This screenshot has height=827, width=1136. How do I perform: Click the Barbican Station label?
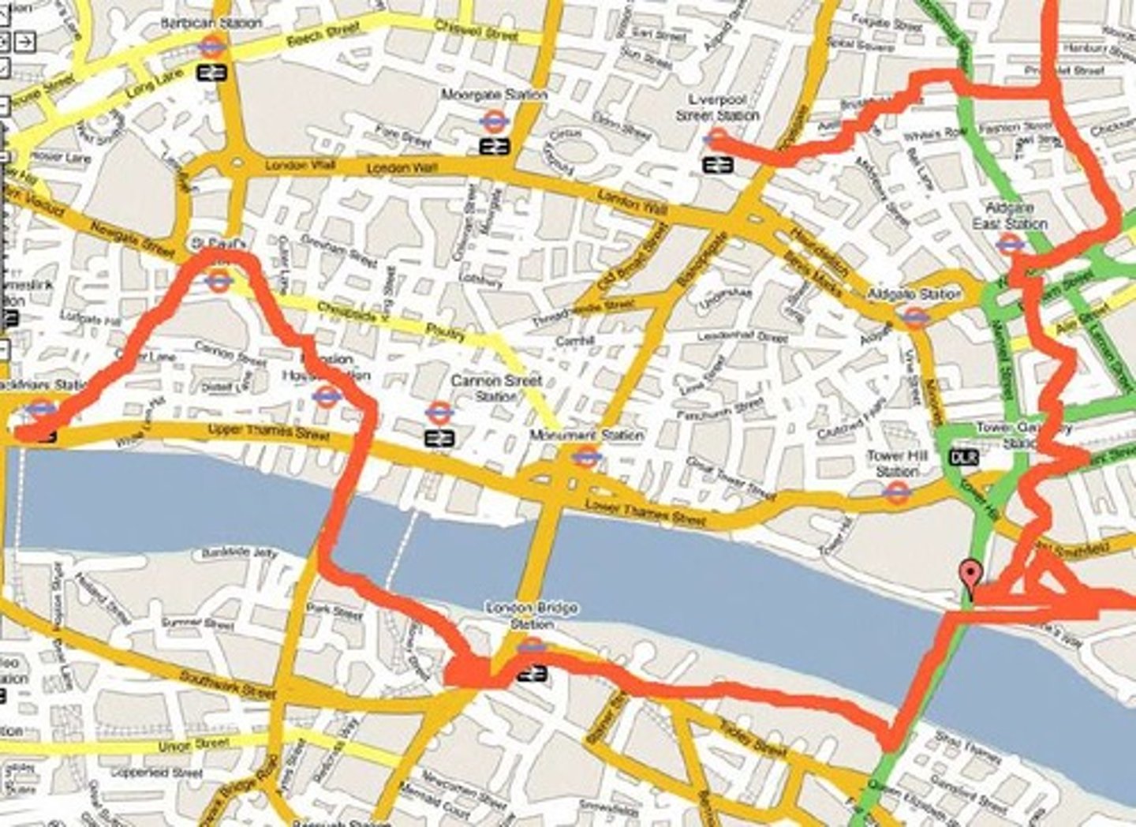coord(211,24)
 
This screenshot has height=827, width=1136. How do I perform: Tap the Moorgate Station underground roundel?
coord(495,120)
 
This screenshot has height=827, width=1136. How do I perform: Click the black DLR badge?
coord(963,458)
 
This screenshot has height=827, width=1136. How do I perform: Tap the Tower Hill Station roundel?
coord(894,492)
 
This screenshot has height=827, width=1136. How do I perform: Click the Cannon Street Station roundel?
coord(439,412)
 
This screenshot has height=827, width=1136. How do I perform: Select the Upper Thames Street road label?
coord(268,432)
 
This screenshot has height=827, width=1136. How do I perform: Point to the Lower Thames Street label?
coord(646,513)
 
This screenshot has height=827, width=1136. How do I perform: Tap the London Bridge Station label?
coord(532,616)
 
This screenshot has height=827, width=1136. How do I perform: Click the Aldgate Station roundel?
coord(914,316)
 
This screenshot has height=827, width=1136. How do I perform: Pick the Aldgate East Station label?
coord(1010,215)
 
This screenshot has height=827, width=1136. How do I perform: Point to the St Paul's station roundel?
coord(218,279)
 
